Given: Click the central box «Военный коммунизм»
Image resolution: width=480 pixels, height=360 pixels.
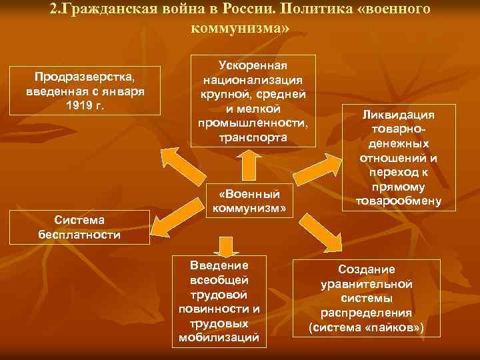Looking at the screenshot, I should click(249, 201).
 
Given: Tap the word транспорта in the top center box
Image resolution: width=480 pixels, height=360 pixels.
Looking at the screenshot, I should click(253, 137).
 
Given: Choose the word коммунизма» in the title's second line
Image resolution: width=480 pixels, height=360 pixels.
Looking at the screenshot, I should click(240, 30).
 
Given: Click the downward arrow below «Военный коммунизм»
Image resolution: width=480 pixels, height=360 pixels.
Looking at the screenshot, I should click(226, 247).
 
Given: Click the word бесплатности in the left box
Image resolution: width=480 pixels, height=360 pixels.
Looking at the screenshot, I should click(79, 235).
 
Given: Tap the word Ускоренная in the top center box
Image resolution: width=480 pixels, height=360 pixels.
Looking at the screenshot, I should click(253, 66).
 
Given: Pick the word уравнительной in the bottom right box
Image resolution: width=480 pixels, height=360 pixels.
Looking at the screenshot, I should click(366, 283).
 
